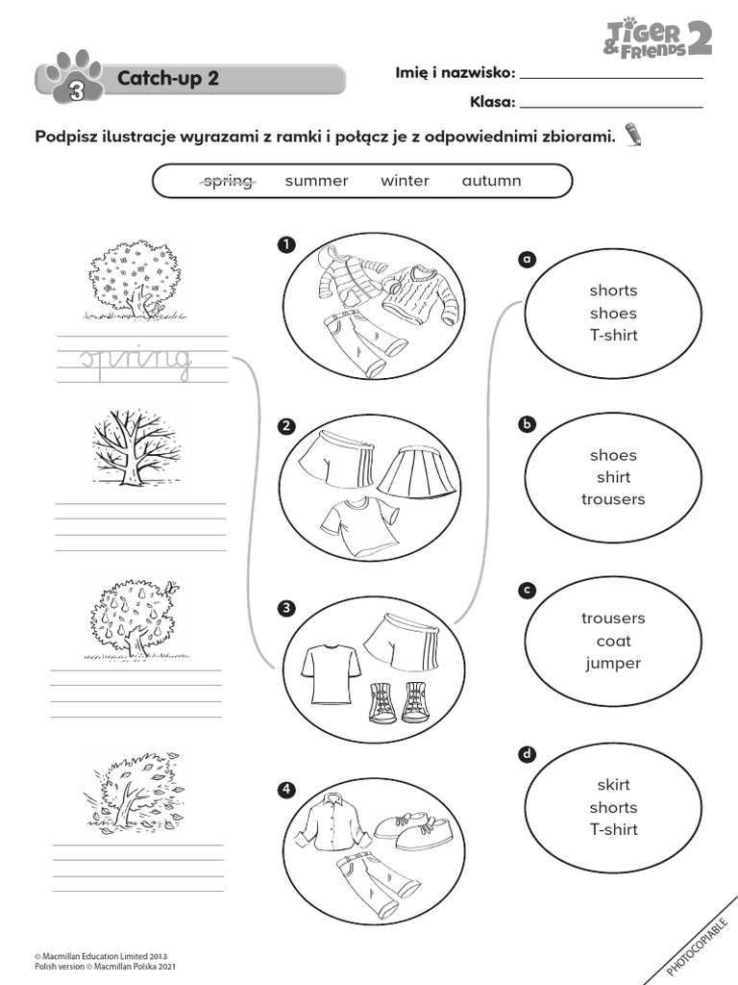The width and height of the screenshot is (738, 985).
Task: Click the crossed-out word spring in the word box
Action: pos(227,181)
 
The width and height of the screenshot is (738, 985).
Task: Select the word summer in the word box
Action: pos(316,181)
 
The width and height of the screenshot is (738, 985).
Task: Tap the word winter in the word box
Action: pos(405,181)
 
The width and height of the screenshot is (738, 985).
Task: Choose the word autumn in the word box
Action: pos(491,181)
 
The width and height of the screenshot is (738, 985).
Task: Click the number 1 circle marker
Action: pos(285,244)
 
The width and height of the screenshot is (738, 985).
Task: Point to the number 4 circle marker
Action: pos(285,791)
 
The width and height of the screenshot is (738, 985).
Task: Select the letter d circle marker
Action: pos(526,755)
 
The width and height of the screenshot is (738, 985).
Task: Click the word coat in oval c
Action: pos(613,641)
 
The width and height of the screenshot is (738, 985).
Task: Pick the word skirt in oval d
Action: pos(613,785)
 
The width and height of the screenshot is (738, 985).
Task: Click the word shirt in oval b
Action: pos(613,477)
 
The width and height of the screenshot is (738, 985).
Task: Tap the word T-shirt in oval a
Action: pos(613,336)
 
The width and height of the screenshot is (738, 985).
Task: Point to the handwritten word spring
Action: pos(135,359)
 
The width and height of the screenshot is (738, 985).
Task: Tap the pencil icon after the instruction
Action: pos(633,134)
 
